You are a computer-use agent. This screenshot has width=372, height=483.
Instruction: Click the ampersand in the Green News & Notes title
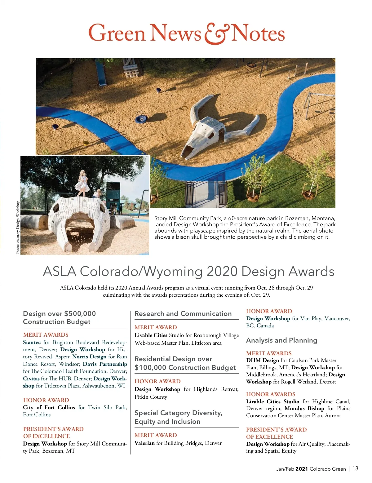click(x=216, y=33)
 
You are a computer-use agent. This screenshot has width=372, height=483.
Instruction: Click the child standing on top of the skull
click(x=83, y=183)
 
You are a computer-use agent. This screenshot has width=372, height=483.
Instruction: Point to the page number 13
click(x=355, y=468)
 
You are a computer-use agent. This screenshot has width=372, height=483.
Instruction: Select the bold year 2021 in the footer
click(x=302, y=469)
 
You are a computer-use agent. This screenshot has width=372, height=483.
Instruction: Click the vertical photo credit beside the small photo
click(x=18, y=228)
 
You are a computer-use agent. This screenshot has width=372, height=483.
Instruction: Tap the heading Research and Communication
click(x=183, y=314)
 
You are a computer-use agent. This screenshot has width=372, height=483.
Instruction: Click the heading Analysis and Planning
click(x=281, y=340)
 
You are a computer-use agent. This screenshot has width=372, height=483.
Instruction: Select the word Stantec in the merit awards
click(x=32, y=342)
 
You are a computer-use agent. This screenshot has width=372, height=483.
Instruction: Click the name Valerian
click(x=144, y=443)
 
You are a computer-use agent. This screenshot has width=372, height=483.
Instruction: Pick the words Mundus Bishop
click(x=304, y=408)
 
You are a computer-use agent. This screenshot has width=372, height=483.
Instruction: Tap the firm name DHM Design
click(x=262, y=360)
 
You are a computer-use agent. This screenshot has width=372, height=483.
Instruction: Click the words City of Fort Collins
click(x=49, y=407)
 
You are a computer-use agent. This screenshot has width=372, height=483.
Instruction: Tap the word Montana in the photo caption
click(x=323, y=218)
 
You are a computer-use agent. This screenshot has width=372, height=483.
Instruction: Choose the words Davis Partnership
click(x=105, y=364)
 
